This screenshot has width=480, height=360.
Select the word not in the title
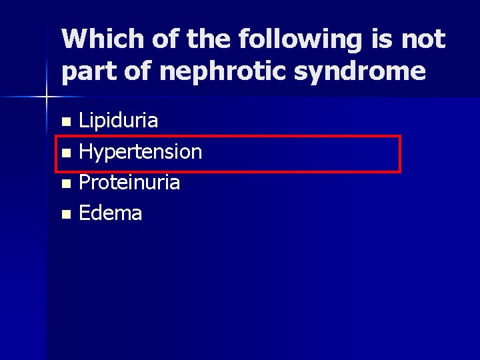[423, 39]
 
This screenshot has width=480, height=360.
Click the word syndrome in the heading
[361, 71]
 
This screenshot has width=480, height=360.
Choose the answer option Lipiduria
[119, 121]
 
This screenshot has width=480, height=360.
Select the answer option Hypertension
[140, 152]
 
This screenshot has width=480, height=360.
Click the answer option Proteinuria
[129, 183]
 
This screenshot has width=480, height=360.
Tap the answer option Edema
[111, 213]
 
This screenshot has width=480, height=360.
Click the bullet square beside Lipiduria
[65, 122]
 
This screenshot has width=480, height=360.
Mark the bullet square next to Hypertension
[65, 153]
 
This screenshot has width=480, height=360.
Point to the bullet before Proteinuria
[65, 183]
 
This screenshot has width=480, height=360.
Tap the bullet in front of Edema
[65, 214]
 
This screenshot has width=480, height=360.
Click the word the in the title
[206, 39]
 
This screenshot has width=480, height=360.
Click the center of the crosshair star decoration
[47, 97]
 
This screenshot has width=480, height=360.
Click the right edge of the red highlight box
[400, 154]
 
